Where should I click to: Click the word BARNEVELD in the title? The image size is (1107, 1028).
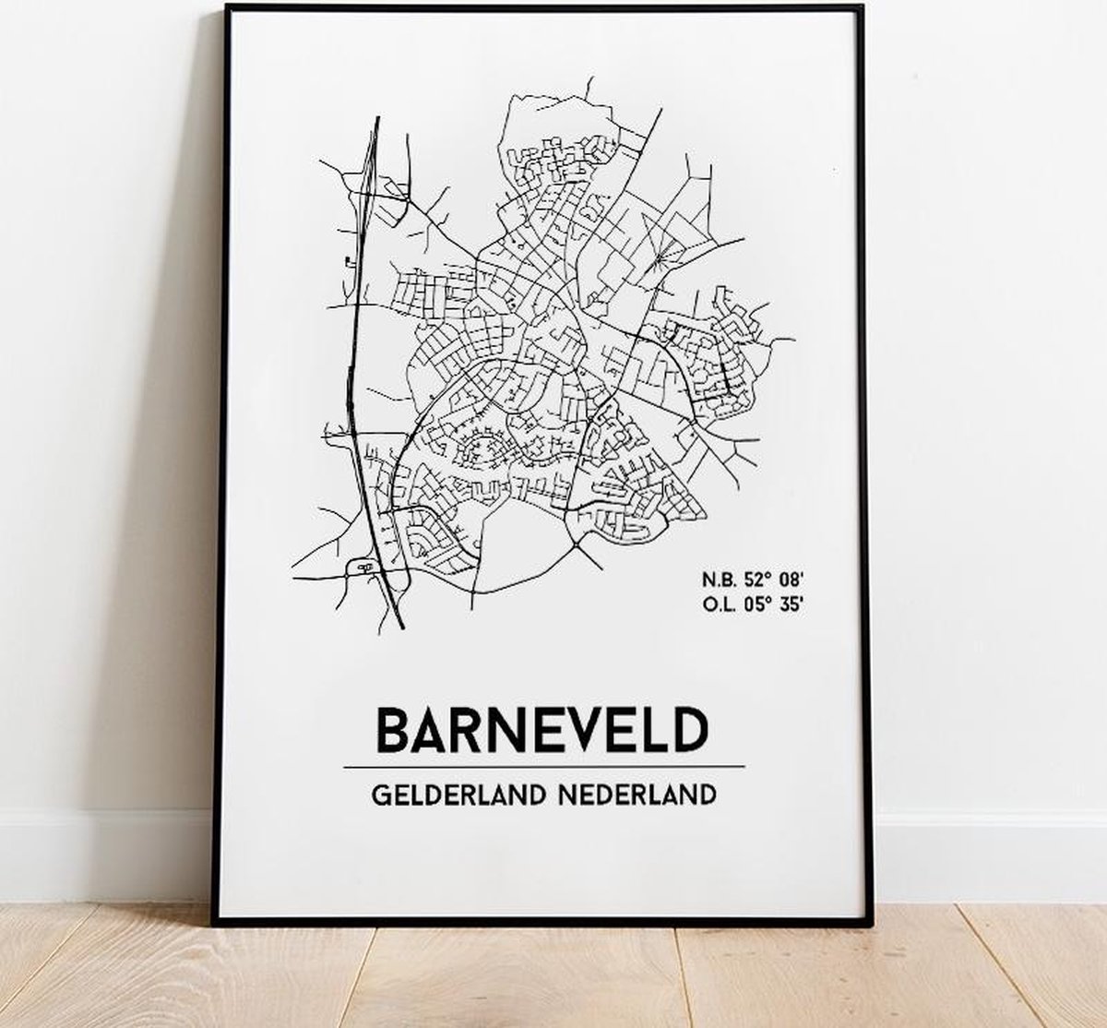click(x=542, y=730)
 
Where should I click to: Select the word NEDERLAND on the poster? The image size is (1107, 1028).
click(x=637, y=795)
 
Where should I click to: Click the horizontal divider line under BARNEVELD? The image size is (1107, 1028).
click(x=542, y=767)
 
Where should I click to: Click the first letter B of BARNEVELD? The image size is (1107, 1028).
click(x=390, y=730)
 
